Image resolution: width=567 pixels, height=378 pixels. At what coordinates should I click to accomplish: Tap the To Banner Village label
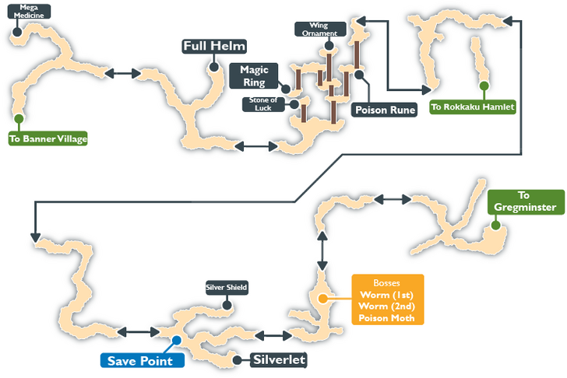click(x=48, y=139)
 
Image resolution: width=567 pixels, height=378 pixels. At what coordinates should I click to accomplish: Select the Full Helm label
click(x=215, y=47)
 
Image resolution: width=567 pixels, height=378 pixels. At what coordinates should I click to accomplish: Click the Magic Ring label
click(x=254, y=76)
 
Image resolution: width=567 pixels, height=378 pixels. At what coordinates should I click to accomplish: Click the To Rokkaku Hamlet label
click(x=473, y=107)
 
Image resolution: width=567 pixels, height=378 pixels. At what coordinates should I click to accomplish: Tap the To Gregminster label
click(x=526, y=201)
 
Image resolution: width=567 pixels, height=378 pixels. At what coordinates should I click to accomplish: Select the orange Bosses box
click(x=387, y=299)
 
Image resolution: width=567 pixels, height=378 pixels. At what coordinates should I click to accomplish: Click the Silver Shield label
click(x=227, y=288)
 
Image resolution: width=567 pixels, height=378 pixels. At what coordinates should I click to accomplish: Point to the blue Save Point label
click(x=142, y=361)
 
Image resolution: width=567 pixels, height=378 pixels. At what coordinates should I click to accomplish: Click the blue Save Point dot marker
click(x=177, y=340)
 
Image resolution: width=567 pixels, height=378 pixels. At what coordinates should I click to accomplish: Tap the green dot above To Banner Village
click(x=18, y=118)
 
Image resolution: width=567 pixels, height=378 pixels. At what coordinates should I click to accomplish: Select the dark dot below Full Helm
click(x=212, y=68)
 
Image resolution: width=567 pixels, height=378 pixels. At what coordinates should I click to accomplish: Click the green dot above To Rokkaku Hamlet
click(x=484, y=86)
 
